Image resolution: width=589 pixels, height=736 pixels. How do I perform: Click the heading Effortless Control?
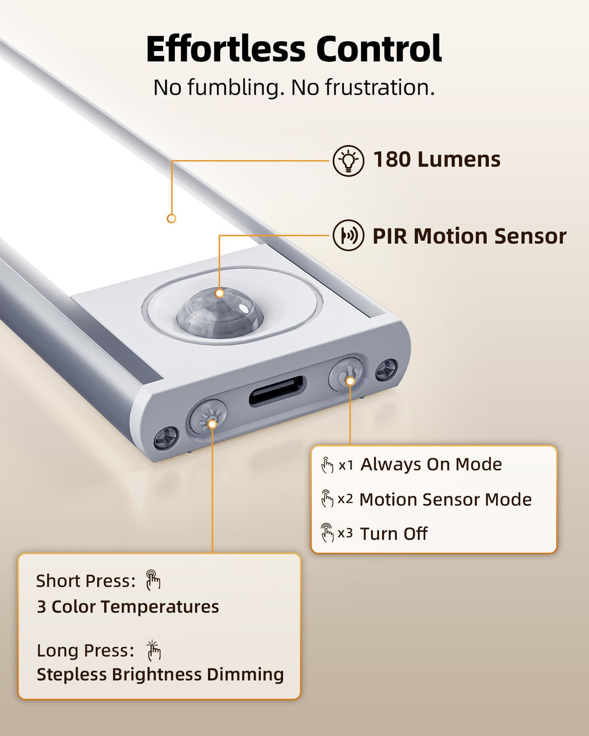click(x=294, y=48)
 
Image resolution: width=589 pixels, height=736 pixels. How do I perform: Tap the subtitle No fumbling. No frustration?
click(x=294, y=88)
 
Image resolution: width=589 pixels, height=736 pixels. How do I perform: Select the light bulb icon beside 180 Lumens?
click(x=348, y=160)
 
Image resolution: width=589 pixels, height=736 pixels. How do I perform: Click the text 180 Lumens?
click(x=436, y=160)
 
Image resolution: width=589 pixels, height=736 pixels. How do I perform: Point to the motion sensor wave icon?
click(x=348, y=236)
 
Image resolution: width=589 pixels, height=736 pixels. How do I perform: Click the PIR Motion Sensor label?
click(x=469, y=236)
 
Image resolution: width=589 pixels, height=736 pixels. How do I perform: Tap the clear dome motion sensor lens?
click(x=220, y=312)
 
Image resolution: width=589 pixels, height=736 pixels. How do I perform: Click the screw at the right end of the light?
click(x=386, y=369)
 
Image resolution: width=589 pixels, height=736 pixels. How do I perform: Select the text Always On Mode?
click(x=431, y=464)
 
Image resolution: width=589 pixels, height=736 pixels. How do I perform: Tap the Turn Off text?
click(x=393, y=533)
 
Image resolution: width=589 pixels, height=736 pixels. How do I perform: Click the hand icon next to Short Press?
click(x=153, y=580)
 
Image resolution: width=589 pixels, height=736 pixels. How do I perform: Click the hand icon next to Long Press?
click(x=153, y=650)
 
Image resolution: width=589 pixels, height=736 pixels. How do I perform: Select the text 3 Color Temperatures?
click(x=128, y=606)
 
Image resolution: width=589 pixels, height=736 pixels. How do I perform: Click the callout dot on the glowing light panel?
click(x=171, y=218)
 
